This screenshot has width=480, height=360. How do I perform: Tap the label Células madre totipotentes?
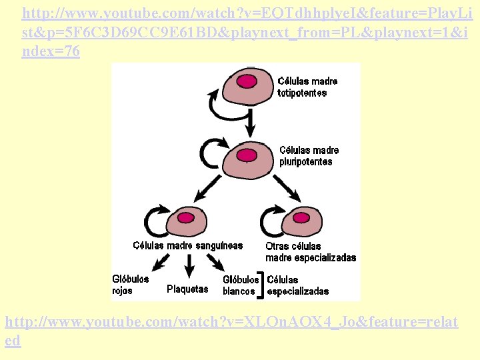(x=307, y=87)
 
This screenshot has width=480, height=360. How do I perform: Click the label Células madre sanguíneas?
(x=188, y=246)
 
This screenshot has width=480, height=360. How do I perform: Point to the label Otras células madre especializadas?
(x=310, y=252)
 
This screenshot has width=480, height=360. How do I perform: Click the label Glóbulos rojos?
(x=130, y=285)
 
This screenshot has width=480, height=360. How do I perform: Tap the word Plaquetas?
(x=187, y=289)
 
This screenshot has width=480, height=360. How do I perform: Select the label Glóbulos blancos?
(x=241, y=285)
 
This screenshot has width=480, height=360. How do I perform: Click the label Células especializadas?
(x=297, y=285)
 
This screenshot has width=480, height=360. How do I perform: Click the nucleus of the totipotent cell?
(x=247, y=81)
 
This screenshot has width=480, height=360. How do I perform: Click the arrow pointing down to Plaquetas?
(x=189, y=266)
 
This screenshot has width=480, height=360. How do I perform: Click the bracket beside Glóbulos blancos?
(x=263, y=285)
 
